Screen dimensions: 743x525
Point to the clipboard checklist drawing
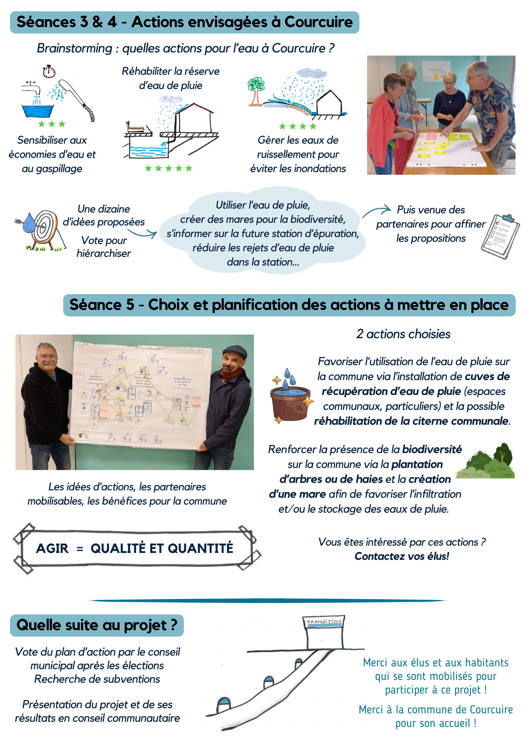pos(500,236)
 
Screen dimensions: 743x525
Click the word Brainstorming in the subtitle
pos(74,48)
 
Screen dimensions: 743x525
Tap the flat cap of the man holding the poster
pos(235,351)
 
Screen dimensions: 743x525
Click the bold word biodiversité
pos(432,450)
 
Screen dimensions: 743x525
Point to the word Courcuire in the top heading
pos(318,22)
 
